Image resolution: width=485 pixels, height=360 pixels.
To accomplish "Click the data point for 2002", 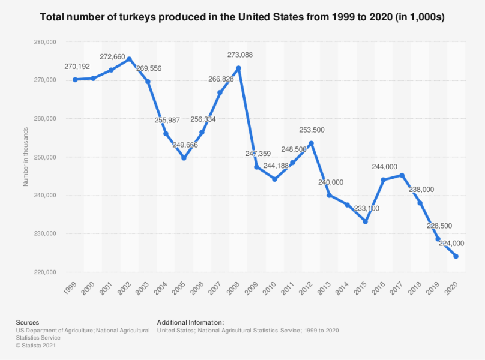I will click(x=129, y=59).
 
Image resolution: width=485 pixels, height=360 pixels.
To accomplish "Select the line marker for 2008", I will click(x=238, y=68).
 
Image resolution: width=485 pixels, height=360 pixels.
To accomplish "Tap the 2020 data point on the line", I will click(x=456, y=256).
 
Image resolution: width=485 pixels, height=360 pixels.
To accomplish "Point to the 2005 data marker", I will click(x=184, y=158).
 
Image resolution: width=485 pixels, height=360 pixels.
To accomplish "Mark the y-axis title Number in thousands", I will click(x=26, y=157).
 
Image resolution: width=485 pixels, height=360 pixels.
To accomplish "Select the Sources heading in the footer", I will click(x=28, y=323).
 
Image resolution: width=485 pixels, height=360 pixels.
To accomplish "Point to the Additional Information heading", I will click(x=190, y=323).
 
